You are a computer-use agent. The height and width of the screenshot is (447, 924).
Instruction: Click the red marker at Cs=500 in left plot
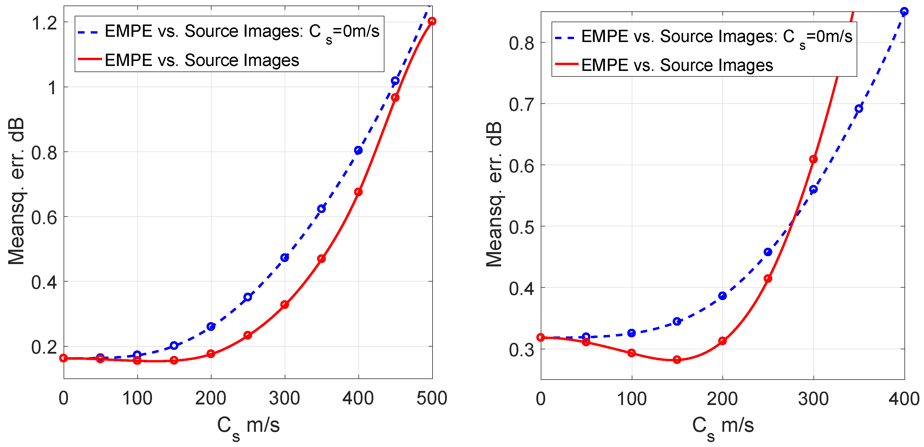[x=432, y=21]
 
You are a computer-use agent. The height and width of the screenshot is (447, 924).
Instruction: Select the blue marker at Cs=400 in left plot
[x=358, y=150]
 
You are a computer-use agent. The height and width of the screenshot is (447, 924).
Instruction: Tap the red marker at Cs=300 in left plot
[x=284, y=305]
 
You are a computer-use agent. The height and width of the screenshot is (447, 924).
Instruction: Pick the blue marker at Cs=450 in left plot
[x=395, y=81]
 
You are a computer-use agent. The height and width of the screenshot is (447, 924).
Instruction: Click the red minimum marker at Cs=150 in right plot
[x=677, y=359]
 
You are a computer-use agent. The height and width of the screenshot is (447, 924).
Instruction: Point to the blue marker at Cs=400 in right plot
[x=904, y=11]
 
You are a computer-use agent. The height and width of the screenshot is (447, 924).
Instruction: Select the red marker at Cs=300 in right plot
[x=813, y=159]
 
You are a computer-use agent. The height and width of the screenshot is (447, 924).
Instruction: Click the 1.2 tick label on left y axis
[x=44, y=23]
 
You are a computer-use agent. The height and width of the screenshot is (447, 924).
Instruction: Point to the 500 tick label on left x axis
[x=432, y=398]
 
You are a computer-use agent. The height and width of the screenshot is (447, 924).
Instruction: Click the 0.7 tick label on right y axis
[x=521, y=105]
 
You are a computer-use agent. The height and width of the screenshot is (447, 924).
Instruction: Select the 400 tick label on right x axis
[x=904, y=399]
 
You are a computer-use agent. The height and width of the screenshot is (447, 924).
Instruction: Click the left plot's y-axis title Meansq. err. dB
[x=16, y=191]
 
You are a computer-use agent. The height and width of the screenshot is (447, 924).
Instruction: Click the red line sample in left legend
[x=90, y=59]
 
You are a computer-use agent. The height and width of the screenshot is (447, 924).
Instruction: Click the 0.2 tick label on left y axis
[x=44, y=347]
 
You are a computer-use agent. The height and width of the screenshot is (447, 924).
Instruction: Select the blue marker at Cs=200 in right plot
[x=722, y=296]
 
